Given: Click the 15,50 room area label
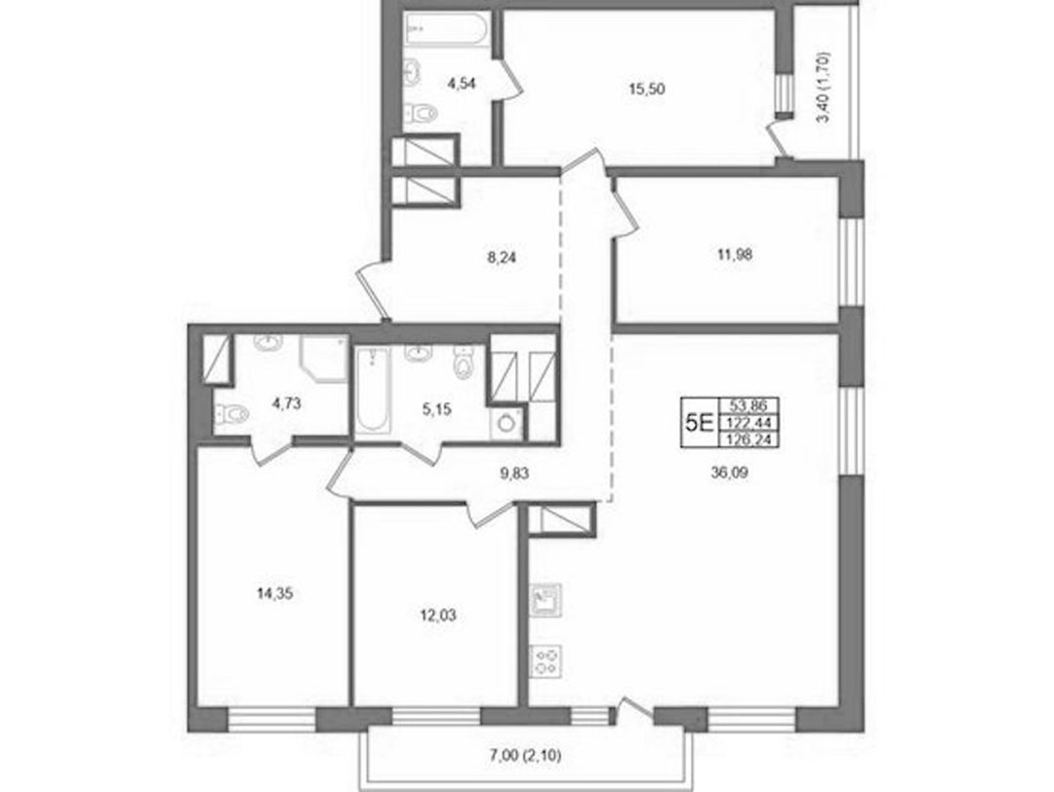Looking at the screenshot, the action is coord(647,88).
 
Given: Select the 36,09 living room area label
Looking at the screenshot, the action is coord(729,473).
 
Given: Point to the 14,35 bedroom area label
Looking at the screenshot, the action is coord(275,594).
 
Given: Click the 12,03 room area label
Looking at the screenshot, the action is coord(437,614).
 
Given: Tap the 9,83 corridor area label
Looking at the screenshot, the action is coord(514,473).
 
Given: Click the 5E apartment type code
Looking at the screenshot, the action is coord(699,423).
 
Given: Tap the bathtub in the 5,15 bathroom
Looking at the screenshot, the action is coord(373,391).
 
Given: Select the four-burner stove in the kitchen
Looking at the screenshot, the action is coord(547,661).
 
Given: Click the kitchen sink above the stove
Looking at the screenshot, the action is coord(547,601).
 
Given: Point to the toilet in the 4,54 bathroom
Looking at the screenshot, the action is coord(423,113).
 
